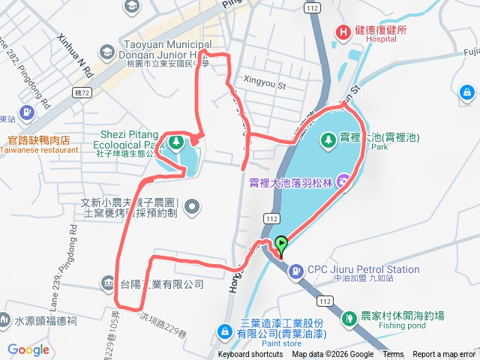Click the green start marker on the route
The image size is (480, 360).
[281, 244]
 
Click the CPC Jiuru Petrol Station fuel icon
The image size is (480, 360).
[297, 269]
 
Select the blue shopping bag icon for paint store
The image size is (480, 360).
[224, 331]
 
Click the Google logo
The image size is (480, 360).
[28, 349]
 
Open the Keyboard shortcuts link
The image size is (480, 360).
[250, 355]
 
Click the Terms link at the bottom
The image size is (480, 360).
[393, 355]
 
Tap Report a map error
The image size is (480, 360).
[443, 355]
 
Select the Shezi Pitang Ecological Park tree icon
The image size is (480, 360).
[176, 142]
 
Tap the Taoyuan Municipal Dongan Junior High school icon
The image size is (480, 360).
[106, 52]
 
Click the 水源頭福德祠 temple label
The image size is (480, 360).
[45, 320]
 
